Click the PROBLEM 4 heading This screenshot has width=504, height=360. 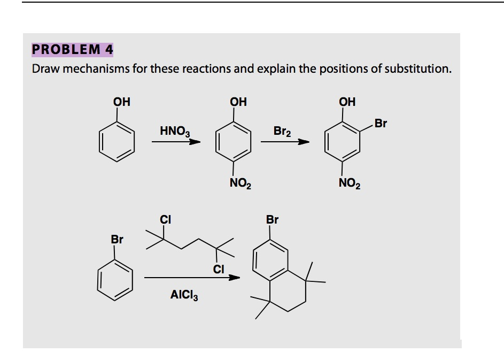72,50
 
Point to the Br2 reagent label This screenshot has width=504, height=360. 282,131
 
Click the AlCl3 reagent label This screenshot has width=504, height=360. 184,294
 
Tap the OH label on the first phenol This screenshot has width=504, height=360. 122,101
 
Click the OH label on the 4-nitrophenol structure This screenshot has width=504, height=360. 238,101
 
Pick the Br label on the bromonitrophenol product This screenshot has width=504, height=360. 381,124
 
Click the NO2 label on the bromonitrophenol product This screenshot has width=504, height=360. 350,185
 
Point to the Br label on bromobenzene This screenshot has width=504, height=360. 117,239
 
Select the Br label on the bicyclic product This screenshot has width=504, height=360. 272,219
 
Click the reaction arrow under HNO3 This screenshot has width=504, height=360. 175,142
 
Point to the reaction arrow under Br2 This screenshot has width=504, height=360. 285,142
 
